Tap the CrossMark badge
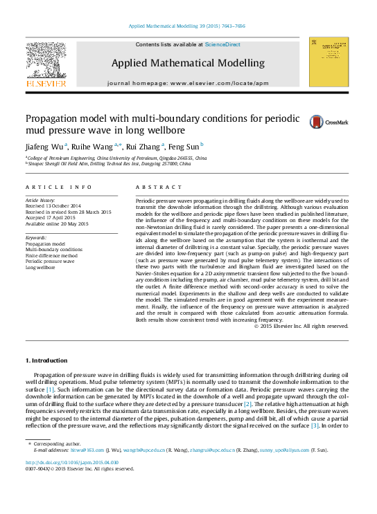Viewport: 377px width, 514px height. [x=328, y=122]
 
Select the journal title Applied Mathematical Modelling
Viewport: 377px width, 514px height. [x=188, y=63]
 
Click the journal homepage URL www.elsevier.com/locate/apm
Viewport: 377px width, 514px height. [x=218, y=83]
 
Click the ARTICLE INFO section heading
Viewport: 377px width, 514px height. [x=59, y=187]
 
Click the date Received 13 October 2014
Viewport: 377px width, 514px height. [x=53, y=205]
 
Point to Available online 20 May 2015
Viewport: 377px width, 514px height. [x=57, y=223]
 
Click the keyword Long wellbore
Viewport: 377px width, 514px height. [x=42, y=266]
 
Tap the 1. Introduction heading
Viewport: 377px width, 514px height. [x=46, y=360]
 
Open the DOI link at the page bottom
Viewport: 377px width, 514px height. [x=72, y=462]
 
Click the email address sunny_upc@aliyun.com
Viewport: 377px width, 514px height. [x=286, y=450]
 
